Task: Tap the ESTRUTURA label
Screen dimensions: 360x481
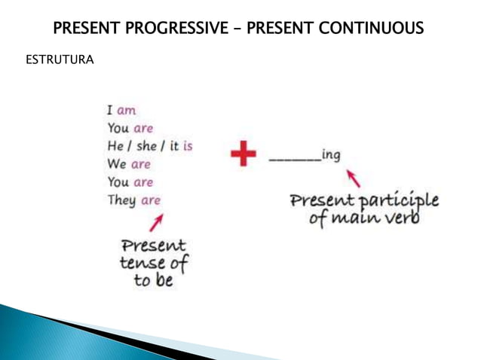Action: [60, 59]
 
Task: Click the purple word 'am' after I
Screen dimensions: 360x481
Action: [127, 110]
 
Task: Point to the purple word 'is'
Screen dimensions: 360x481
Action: [187, 146]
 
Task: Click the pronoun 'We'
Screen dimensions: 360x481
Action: [117, 164]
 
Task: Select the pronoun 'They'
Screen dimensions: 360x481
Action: [121, 200]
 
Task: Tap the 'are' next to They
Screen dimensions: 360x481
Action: [151, 200]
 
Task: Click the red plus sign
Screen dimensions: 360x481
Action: [244, 155]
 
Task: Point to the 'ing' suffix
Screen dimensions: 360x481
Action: [331, 155]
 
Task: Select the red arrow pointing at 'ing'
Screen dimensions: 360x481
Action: [352, 178]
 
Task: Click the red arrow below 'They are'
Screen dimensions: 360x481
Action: [156, 222]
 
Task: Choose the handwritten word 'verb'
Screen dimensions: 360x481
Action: [400, 219]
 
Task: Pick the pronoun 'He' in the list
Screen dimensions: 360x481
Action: [115, 146]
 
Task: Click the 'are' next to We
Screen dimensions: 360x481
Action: [141, 164]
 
